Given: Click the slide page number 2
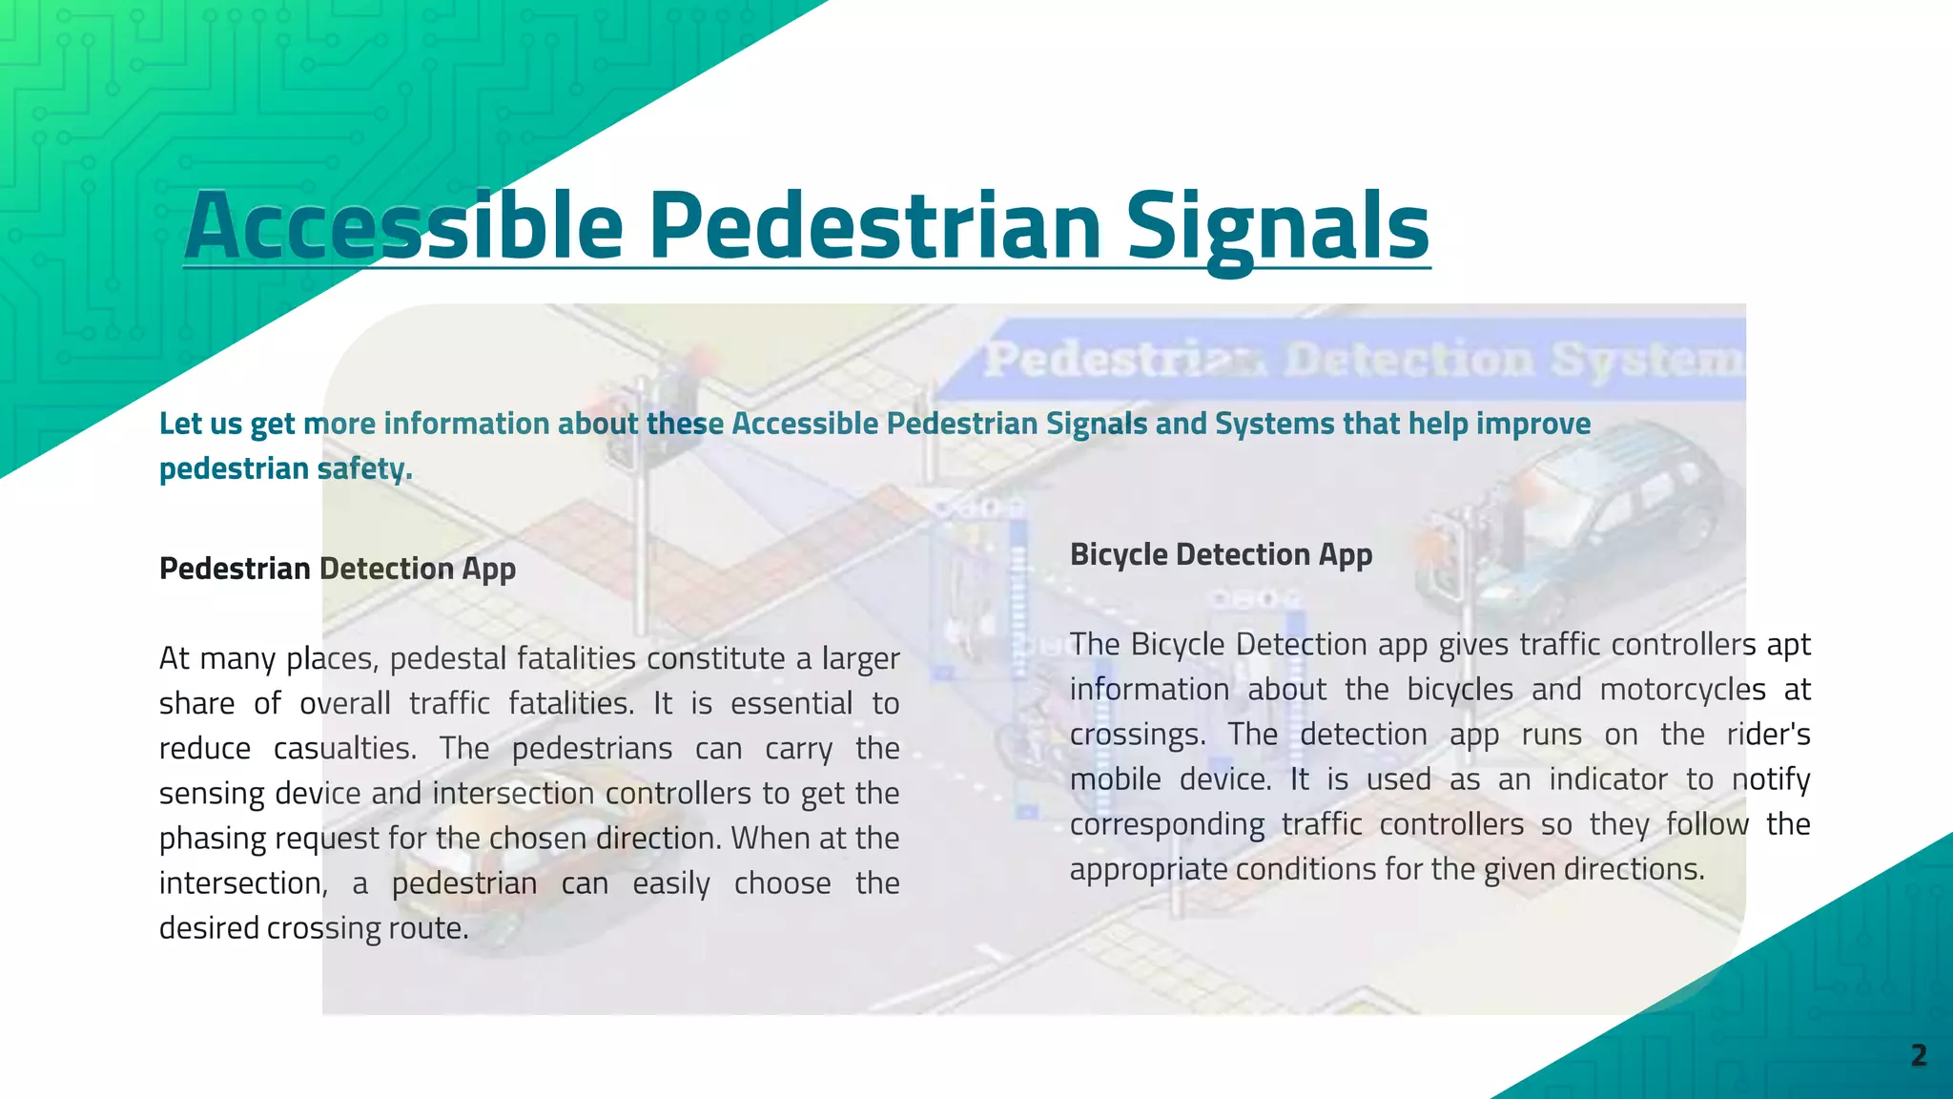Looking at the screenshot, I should click(1919, 1055).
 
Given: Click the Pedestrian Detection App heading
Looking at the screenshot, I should click(338, 569).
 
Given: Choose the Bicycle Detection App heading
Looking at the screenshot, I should click(1221, 554).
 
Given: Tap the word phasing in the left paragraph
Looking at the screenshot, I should click(213, 839).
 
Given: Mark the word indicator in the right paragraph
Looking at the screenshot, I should click(1608, 778).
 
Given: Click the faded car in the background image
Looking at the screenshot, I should click(1612, 515).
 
